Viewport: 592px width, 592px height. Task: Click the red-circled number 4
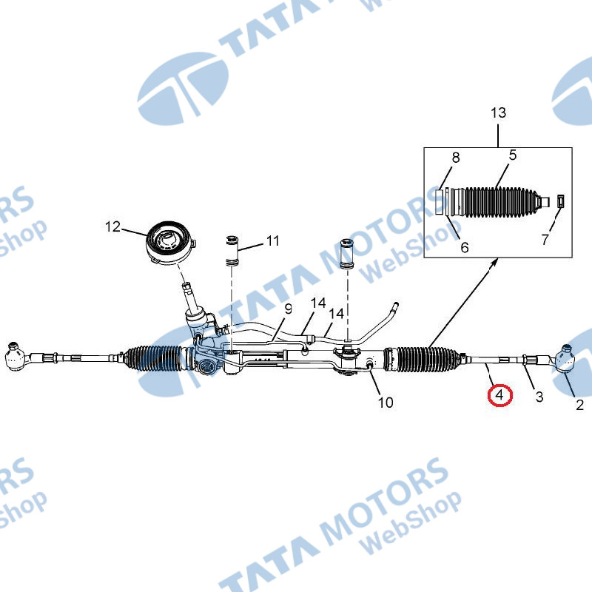499,395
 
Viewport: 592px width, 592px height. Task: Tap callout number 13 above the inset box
498,112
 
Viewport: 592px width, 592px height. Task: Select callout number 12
112,226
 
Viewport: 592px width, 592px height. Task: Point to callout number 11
272,240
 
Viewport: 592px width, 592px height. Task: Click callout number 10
386,402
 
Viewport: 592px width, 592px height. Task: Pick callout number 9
288,309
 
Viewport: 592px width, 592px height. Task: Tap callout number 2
579,405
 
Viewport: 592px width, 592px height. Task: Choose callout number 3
539,397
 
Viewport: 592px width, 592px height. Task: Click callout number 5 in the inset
512,155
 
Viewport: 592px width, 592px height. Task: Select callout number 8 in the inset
456,158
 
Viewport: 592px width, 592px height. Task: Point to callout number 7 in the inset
545,239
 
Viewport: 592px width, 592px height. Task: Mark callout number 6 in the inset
465,247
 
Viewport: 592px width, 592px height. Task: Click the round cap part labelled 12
170,243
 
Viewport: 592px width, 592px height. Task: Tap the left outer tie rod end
17,355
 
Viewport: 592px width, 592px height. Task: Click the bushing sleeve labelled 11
232,251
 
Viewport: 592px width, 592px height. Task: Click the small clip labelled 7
561,201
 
